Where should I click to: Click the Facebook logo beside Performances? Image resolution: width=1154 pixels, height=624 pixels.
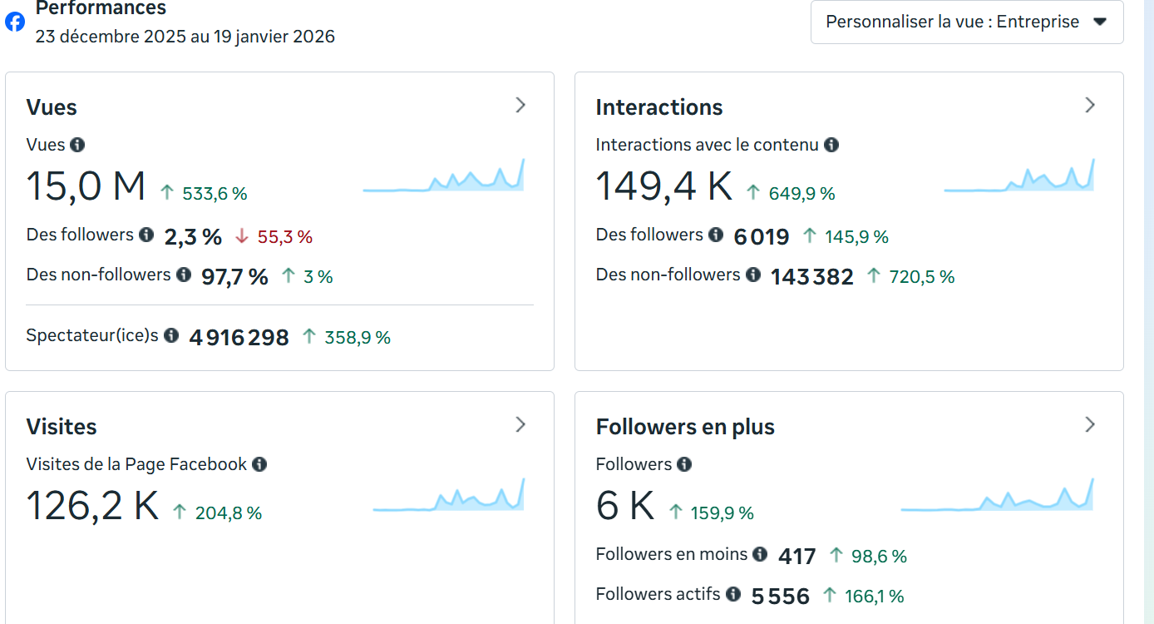pos(15,22)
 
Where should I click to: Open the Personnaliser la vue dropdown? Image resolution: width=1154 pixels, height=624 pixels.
pos(966,22)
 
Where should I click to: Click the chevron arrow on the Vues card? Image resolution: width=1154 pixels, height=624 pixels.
pos(520,105)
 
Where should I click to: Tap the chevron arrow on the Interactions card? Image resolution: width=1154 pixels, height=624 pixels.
pos(1090,105)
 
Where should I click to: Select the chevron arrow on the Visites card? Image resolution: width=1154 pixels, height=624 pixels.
pos(520,424)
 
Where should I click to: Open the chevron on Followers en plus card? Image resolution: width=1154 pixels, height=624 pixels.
pos(1090,424)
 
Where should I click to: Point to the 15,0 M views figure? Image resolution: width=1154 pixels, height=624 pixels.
pos(86,186)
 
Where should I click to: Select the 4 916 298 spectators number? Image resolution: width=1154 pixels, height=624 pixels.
pos(239,338)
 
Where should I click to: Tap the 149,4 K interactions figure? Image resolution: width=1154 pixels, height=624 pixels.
pos(663,186)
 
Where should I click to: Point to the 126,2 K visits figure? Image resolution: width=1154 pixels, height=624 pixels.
pos(92,505)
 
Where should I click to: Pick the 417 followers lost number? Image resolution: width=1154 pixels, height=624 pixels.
pos(796,556)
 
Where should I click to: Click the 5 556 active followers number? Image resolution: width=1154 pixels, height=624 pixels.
pos(780,597)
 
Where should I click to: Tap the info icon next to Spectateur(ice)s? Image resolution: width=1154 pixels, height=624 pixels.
pos(171,335)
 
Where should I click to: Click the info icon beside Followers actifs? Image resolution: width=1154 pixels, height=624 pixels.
pos(733,594)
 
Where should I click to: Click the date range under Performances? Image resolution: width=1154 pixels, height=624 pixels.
pos(185,37)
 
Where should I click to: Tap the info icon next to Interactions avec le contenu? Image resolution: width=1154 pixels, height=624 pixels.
pos(831,145)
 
